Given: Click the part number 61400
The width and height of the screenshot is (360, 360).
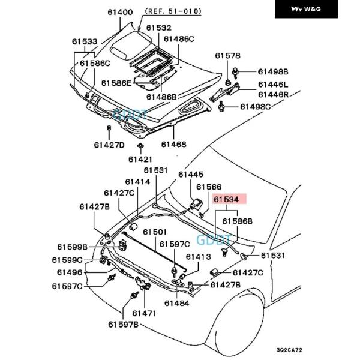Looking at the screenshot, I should click(120, 12).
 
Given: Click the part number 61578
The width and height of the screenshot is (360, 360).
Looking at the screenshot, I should click(228, 55).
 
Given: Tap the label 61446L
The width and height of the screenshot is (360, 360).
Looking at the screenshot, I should click(274, 85).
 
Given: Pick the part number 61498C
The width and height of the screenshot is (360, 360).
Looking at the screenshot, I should click(256, 107).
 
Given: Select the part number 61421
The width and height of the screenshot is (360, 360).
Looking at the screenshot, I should click(140, 159).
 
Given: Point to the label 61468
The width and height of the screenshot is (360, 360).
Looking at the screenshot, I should click(173, 145).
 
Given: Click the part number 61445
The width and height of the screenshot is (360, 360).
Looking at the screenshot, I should click(191, 174).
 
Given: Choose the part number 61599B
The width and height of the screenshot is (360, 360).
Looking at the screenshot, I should click(73, 247).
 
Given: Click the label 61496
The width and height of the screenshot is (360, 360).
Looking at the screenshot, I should click(69, 272).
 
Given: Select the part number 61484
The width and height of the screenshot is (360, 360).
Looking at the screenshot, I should click(176, 303).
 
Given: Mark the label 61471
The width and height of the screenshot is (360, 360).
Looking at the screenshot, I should click(144, 313).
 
